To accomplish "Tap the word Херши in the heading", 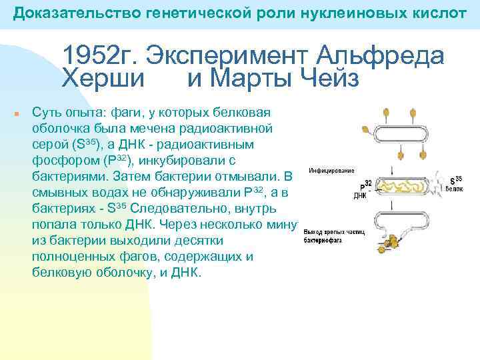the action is point(103,78).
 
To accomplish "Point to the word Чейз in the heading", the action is point(329,78).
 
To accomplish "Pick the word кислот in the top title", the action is point(437,13).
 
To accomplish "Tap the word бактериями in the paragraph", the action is point(67,177).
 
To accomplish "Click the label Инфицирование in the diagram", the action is point(331,171).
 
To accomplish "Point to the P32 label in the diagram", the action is point(366,187).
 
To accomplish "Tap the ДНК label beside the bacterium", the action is point(360,197).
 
